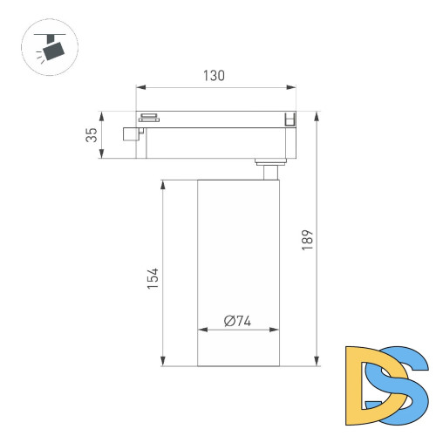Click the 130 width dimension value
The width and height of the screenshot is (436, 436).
click(x=215, y=76)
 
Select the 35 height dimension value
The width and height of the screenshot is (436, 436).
click(x=90, y=135)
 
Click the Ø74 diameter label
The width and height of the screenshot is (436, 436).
click(x=237, y=321)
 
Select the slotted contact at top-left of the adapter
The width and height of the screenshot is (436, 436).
click(x=149, y=116)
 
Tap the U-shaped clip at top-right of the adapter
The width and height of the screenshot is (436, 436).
click(x=290, y=119)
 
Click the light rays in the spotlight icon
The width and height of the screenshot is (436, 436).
click(x=41, y=55)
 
